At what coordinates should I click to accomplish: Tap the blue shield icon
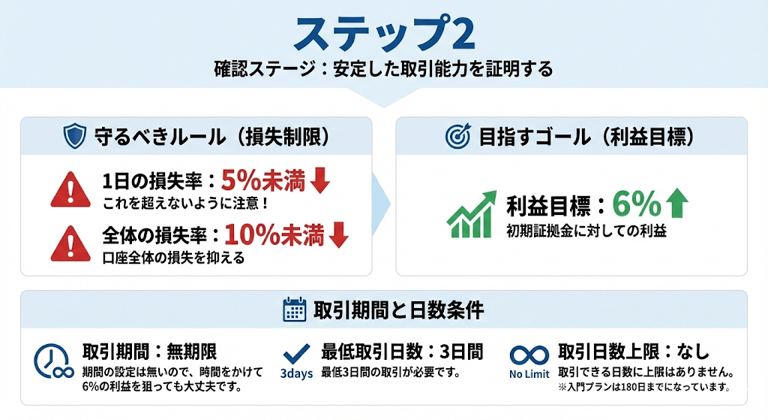[75, 136]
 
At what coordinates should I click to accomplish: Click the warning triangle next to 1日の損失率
[70, 189]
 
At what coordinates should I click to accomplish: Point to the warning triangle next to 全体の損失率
[70, 243]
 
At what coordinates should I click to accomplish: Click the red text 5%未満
[263, 180]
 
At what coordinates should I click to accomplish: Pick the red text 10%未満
[274, 235]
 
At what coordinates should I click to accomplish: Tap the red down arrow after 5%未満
[319, 180]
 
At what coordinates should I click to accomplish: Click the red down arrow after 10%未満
[338, 234]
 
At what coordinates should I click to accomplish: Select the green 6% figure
[637, 204]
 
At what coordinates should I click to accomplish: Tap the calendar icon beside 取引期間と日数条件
[295, 310]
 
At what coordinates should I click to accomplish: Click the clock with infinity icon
[53, 362]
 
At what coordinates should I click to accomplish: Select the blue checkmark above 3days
[297, 354]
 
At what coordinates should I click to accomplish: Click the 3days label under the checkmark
[296, 374]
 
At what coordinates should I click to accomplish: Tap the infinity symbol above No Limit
[529, 355]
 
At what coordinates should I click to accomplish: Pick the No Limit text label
[529, 374]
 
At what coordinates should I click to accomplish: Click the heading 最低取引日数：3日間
[402, 352]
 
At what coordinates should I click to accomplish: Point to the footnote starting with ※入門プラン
[644, 387]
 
